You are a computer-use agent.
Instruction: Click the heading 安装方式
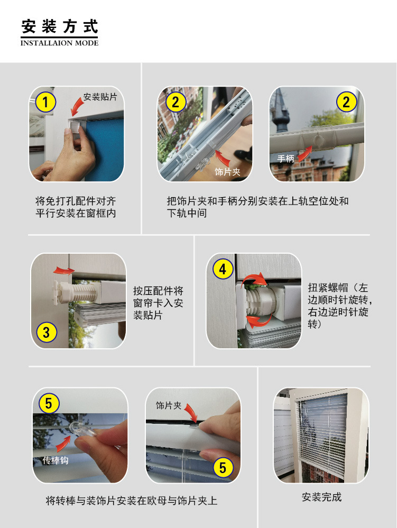click(60, 26)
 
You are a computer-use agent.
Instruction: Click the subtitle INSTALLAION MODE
click(59, 43)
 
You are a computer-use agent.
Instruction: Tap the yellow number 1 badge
click(45, 102)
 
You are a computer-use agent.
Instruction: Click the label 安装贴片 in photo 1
click(100, 97)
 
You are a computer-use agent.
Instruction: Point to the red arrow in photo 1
click(78, 108)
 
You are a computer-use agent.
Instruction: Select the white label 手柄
click(285, 158)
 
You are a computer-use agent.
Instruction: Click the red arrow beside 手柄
click(304, 154)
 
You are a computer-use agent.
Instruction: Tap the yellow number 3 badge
click(47, 332)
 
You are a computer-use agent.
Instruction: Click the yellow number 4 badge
click(223, 270)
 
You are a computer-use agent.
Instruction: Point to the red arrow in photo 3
click(64, 270)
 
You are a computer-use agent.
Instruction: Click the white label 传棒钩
click(55, 460)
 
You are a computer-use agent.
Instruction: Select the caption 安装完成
click(321, 497)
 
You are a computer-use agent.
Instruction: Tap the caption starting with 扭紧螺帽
click(339, 306)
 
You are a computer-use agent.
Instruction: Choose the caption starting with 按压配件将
click(158, 303)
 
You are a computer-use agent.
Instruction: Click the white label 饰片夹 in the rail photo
click(227, 172)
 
